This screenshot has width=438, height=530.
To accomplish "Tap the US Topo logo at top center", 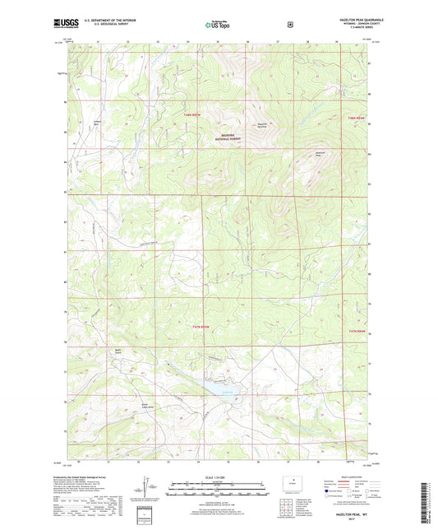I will pyautogui.click(x=218, y=25).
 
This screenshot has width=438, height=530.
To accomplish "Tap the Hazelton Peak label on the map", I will pyautogui.click(x=320, y=154).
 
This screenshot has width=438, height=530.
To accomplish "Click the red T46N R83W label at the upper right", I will pyautogui.click(x=354, y=119).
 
